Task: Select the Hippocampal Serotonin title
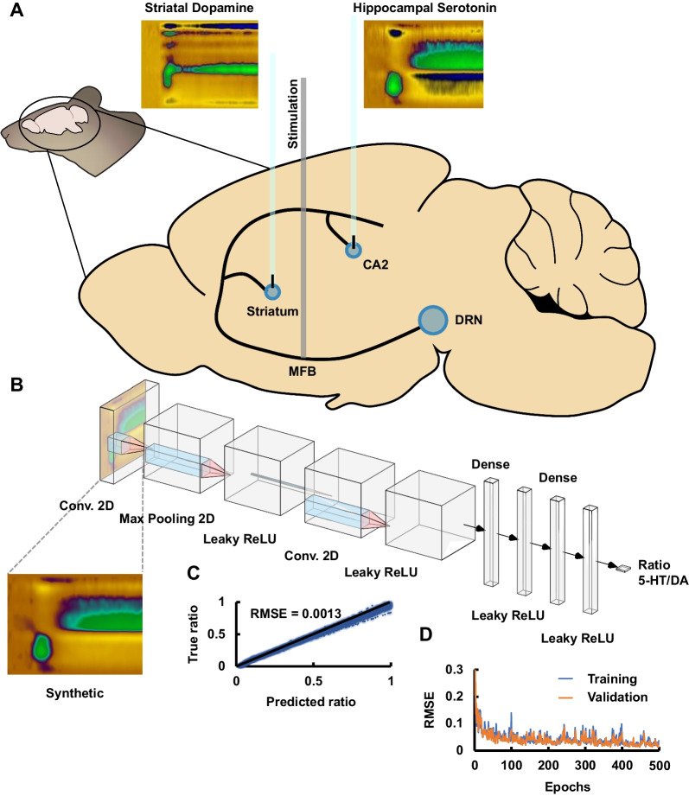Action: point(424,8)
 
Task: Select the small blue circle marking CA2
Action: point(353,250)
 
